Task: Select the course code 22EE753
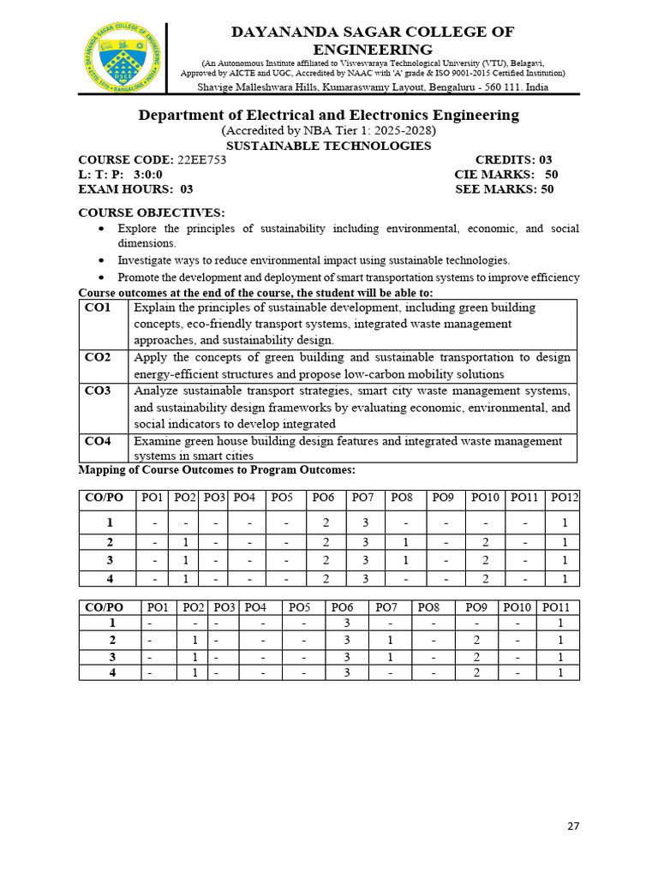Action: [x=201, y=160]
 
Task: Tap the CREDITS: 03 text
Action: [x=513, y=160]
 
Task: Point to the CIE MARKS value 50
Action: [x=551, y=175]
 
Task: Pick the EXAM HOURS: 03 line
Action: [x=135, y=189]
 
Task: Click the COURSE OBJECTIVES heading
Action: [x=152, y=212]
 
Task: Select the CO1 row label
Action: [x=99, y=307]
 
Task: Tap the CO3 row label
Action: [x=99, y=391]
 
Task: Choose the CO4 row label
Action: [x=99, y=441]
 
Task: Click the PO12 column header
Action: [x=565, y=498]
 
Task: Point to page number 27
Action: [x=573, y=826]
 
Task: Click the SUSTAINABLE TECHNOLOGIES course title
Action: [x=328, y=146]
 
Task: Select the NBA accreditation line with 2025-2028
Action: [x=328, y=131]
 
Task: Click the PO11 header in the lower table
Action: [x=560, y=607]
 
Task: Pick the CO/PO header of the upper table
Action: [x=104, y=498]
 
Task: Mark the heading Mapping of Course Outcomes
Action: [x=216, y=470]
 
